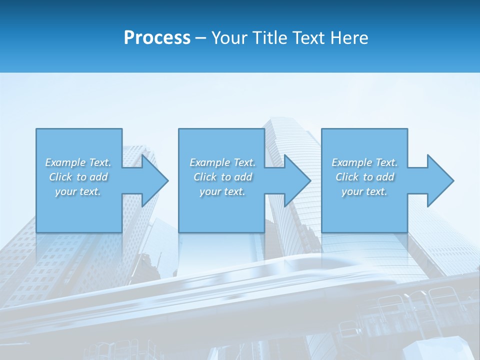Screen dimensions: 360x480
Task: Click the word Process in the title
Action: click(157, 38)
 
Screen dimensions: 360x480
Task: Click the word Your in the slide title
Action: click(229, 38)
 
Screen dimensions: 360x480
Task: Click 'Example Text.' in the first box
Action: click(78, 162)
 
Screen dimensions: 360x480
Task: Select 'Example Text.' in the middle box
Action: click(222, 162)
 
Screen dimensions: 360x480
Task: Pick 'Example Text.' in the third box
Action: click(364, 162)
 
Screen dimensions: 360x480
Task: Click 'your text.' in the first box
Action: click(78, 191)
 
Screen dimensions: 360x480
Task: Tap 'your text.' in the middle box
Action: click(222, 191)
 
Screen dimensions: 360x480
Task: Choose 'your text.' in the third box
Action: click(364, 191)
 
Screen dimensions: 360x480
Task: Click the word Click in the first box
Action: click(60, 177)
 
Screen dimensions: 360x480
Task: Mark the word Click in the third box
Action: click(347, 177)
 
